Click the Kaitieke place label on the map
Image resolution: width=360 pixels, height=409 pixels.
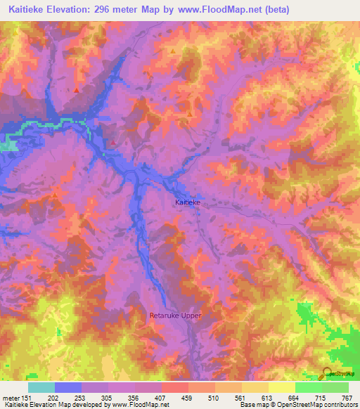coord(188,202)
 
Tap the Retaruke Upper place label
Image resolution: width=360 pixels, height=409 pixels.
coord(175,316)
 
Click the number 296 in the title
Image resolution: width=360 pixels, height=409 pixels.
coord(117,10)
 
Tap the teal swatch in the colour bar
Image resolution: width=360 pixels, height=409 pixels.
coord(41,387)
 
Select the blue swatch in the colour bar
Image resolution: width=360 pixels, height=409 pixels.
coord(68,387)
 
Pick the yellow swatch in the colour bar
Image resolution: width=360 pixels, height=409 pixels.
coord(282,387)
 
